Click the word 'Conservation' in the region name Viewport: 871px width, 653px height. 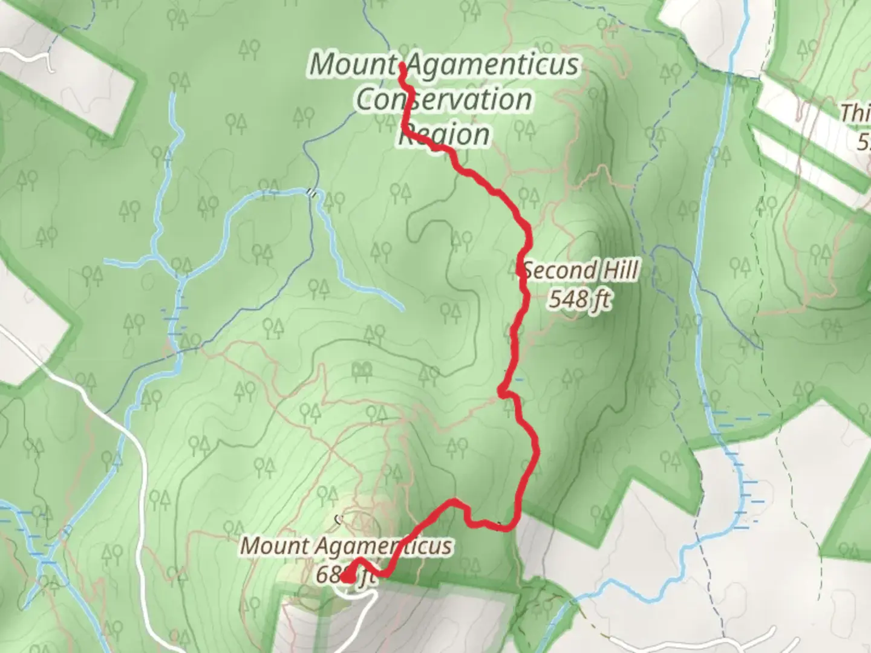tap(444, 100)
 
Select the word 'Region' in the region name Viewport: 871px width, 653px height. tap(444, 134)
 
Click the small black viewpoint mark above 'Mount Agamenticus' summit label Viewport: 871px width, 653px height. tap(339, 518)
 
